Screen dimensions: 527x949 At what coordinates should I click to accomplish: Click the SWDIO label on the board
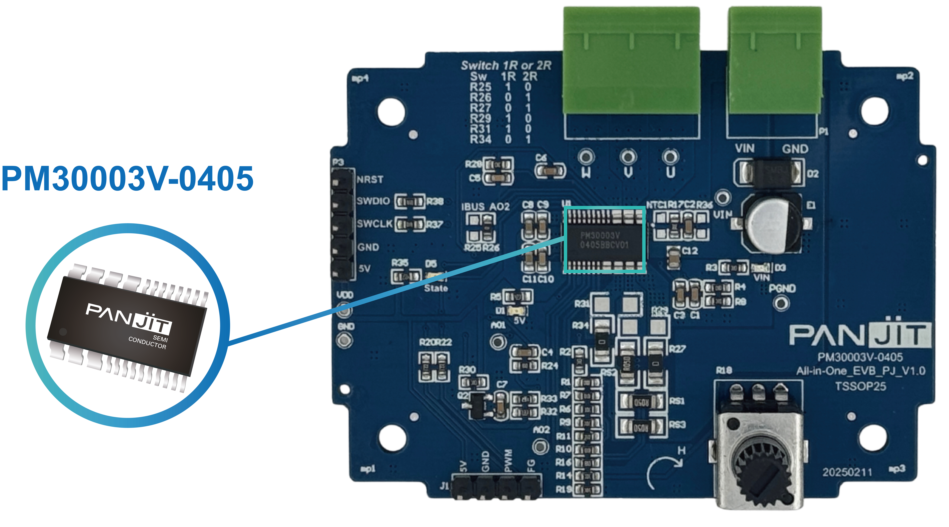(373, 201)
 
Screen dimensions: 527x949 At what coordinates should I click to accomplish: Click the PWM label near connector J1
(508, 461)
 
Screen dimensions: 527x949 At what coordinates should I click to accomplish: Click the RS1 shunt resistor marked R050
(641, 402)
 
